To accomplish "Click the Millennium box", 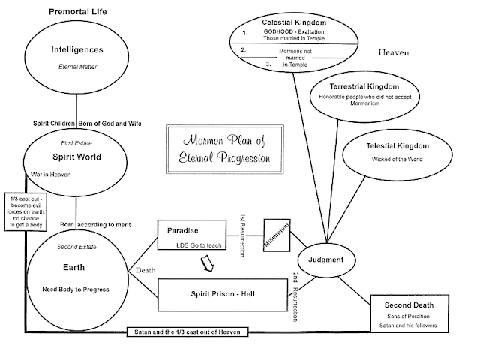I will click(x=275, y=237).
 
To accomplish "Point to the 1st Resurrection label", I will click(x=242, y=238).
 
